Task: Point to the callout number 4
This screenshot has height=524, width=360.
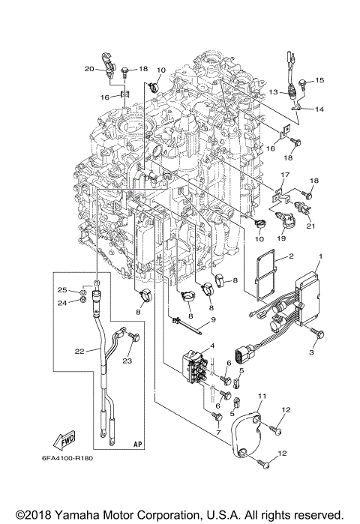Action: (212, 345)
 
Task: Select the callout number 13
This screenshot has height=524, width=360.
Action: (274, 91)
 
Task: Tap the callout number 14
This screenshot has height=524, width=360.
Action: (319, 109)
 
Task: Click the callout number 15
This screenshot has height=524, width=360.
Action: (319, 79)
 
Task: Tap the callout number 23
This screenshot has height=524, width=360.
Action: (127, 360)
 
